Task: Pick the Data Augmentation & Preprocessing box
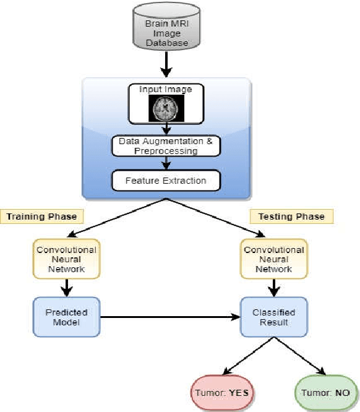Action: pos(165,146)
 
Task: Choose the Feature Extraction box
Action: pos(165,181)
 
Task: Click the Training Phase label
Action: pos(41,216)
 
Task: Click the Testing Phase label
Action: pos(291,216)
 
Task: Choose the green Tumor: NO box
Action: pos(325,393)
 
